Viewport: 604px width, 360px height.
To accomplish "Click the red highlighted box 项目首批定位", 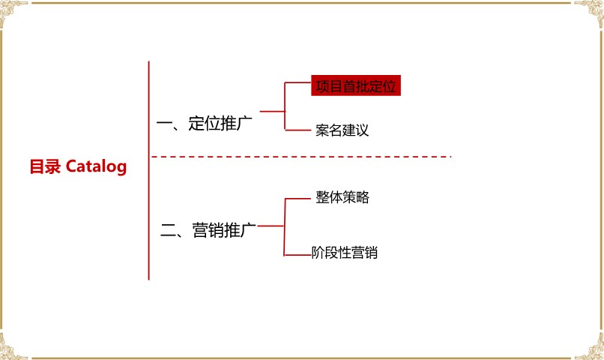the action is pos(356,85).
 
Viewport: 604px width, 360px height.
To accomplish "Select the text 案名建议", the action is pos(342,130).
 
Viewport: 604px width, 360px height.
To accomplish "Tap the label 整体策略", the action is pos(342,197).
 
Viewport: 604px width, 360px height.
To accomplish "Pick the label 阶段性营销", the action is pos(345,253).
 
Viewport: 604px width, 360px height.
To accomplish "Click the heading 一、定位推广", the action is pos(205,123).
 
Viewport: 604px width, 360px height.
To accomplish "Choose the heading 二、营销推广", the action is pos(208,230).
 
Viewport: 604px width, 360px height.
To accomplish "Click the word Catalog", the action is pos(97,166).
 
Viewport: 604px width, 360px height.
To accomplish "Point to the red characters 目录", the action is pos(45,166).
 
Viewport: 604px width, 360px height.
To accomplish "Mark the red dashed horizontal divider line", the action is pos(301,157).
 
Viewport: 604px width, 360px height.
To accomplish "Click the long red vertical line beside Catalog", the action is pos(148,170).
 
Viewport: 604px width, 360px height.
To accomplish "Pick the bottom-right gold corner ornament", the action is pos(590,347).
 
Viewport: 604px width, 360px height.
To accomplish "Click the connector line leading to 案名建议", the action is pos(298,130).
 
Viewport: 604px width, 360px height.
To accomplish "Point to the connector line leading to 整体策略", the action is pos(298,199).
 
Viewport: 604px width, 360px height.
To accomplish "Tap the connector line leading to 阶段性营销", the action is pos(298,255).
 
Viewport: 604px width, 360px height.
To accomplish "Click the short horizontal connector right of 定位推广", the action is pos(272,112).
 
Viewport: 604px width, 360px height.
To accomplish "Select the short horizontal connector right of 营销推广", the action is pos(271,226).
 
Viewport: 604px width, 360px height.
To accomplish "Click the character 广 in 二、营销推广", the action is pos(248,230).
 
